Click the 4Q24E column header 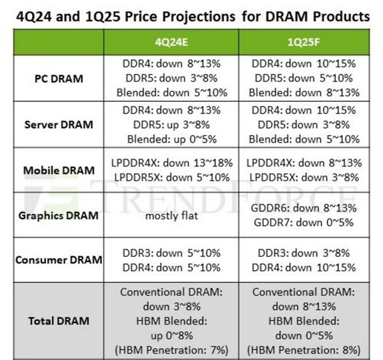click(171, 42)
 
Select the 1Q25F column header click(304, 42)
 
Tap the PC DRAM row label click(59, 79)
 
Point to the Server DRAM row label click(58, 125)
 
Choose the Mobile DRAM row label click(59, 170)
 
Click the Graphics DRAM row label click(58, 216)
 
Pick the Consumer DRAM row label click(59, 260)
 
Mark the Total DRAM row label click(59, 321)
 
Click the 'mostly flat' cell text click(171, 216)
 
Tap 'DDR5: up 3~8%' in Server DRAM click(171, 125)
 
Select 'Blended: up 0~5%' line click(172, 139)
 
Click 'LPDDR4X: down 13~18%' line click(172, 163)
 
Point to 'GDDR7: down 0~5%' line click(304, 223)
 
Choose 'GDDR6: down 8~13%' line click(304, 208)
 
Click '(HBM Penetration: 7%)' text click(172, 350)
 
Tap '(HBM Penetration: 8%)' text click(304, 350)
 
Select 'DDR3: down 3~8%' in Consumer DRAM click(304, 253)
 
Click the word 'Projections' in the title click(199, 17)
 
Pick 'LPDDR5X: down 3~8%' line click(304, 178)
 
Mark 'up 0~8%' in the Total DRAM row click(172, 336)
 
